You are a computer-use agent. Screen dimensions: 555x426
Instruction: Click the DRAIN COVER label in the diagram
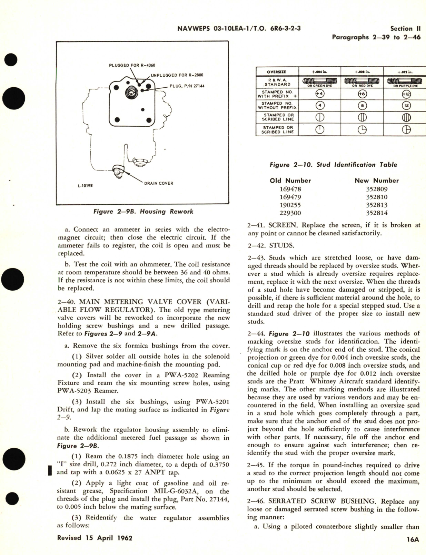click(x=158, y=183)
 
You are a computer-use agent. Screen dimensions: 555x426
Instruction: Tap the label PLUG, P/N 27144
click(x=187, y=86)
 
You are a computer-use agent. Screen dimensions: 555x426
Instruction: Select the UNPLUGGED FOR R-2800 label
click(x=174, y=75)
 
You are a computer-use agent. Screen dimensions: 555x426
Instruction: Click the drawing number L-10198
click(x=85, y=185)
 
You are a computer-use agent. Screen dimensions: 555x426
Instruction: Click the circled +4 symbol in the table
click(x=320, y=94)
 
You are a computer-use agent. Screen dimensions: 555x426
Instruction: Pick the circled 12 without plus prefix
click(x=406, y=106)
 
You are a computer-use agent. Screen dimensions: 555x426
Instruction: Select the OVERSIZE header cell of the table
click(x=277, y=72)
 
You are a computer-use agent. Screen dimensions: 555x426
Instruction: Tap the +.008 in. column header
click(x=362, y=72)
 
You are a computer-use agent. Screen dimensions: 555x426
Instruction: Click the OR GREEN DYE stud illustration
click(x=320, y=82)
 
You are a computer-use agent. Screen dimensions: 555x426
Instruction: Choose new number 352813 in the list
click(x=376, y=205)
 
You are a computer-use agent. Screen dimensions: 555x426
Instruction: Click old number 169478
click(x=290, y=189)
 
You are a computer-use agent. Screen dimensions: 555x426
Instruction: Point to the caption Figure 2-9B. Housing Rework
click(x=143, y=212)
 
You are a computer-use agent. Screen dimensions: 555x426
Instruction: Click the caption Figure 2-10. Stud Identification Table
click(x=333, y=165)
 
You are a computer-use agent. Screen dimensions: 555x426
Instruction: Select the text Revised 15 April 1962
click(x=95, y=538)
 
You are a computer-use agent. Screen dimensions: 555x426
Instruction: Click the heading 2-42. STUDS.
click(x=271, y=245)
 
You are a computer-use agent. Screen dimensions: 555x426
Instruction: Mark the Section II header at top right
click(x=405, y=29)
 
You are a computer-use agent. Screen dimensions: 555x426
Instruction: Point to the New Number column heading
click(x=376, y=181)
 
